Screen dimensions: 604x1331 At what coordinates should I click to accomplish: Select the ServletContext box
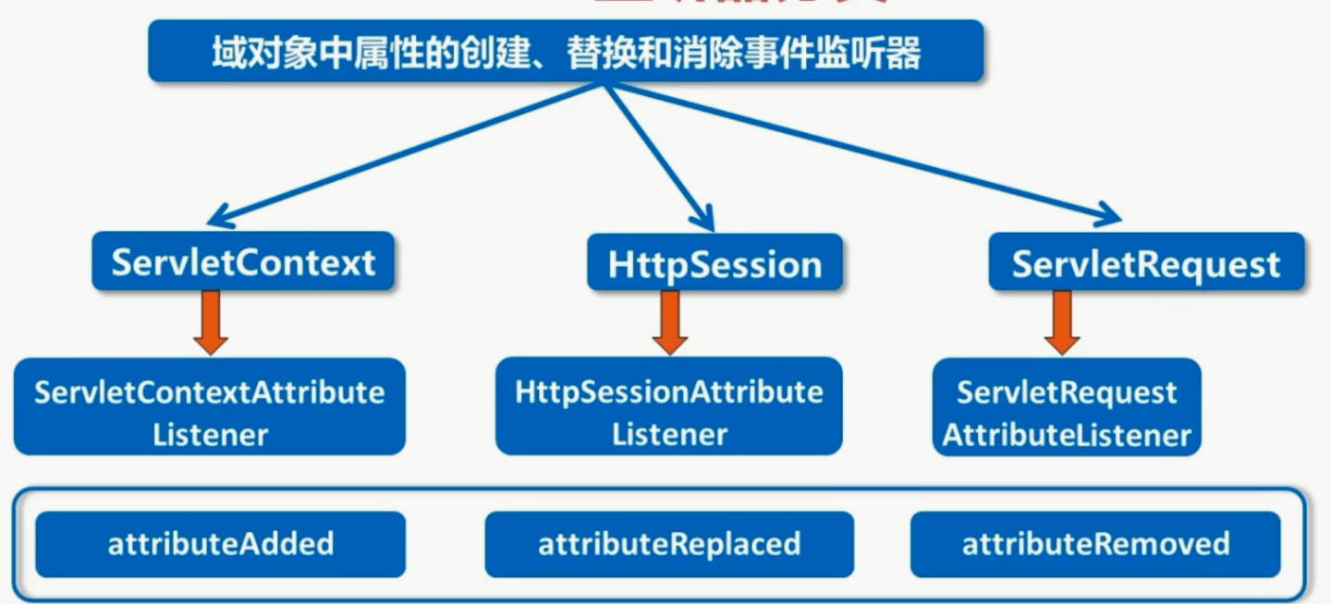(243, 262)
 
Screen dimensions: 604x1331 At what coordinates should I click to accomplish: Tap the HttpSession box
(714, 264)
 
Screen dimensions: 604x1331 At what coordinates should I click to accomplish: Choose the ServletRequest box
(1146, 263)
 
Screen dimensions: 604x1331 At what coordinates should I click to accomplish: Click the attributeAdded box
(221, 544)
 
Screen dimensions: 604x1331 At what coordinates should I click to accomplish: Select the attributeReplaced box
(669, 544)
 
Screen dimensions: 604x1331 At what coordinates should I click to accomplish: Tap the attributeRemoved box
(1095, 544)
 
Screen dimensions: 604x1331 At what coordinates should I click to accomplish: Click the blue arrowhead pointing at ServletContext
(218, 219)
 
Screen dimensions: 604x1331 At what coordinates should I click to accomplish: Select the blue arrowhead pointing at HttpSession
(704, 220)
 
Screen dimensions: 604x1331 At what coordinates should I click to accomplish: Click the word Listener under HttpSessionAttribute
(669, 433)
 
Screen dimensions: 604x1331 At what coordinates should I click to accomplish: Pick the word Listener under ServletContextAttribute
(210, 434)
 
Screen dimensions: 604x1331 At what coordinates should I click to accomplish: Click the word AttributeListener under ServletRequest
(1067, 435)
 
